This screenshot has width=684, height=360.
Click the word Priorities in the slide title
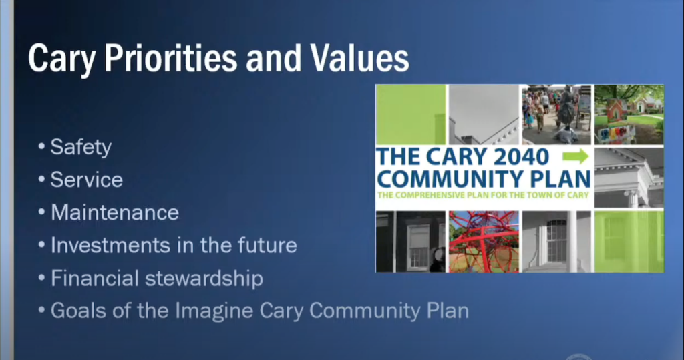click(x=170, y=58)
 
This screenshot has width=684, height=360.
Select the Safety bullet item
click(x=81, y=147)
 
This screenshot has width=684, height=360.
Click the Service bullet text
click(x=86, y=180)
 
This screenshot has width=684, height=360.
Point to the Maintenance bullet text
click(x=115, y=212)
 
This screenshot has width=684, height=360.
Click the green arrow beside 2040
click(x=575, y=156)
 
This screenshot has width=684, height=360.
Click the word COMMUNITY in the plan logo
click(x=450, y=179)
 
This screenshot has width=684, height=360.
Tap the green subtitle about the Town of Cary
click(x=483, y=195)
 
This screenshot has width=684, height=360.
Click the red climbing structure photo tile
click(x=484, y=241)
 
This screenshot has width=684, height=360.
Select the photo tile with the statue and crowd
click(x=556, y=114)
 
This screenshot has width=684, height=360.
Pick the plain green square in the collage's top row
click(x=411, y=114)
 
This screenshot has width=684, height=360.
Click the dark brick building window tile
click(x=411, y=241)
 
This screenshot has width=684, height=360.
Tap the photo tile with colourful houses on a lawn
click(x=629, y=114)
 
